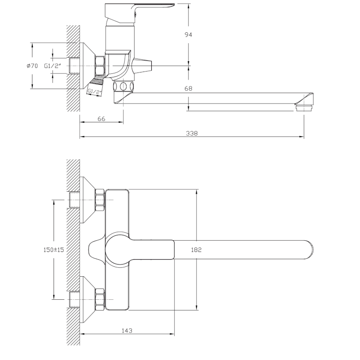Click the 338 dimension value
click(192, 133)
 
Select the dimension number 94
click(188, 35)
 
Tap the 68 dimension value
click(188, 89)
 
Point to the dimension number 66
click(101, 119)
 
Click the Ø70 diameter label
click(32, 66)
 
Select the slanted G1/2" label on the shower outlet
click(94, 92)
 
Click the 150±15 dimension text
click(53, 249)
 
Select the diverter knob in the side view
click(144, 66)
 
